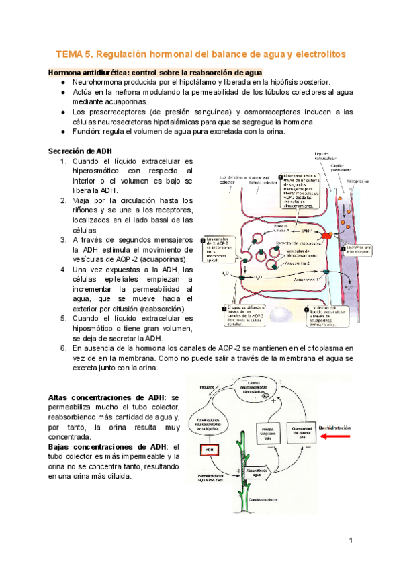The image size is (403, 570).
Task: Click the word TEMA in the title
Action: (x=68, y=53)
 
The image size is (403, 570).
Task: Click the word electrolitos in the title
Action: (x=316, y=53)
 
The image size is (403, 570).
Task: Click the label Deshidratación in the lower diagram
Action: (x=337, y=427)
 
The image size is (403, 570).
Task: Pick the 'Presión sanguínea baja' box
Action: (x=268, y=432)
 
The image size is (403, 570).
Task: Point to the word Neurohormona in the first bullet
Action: (x=100, y=81)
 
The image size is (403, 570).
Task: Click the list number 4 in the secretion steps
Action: (x=62, y=270)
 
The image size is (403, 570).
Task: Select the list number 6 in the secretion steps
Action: (x=62, y=348)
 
